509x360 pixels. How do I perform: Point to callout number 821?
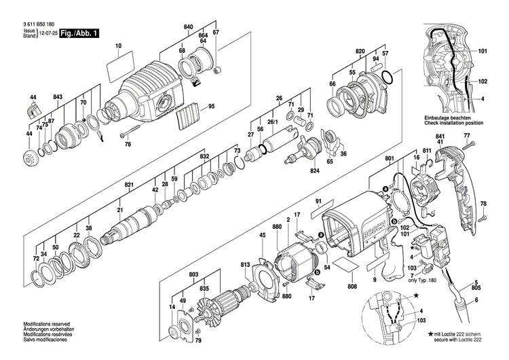pos(128,185)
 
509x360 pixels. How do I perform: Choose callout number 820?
pos(360,52)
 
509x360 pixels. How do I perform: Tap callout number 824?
pos(315,171)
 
